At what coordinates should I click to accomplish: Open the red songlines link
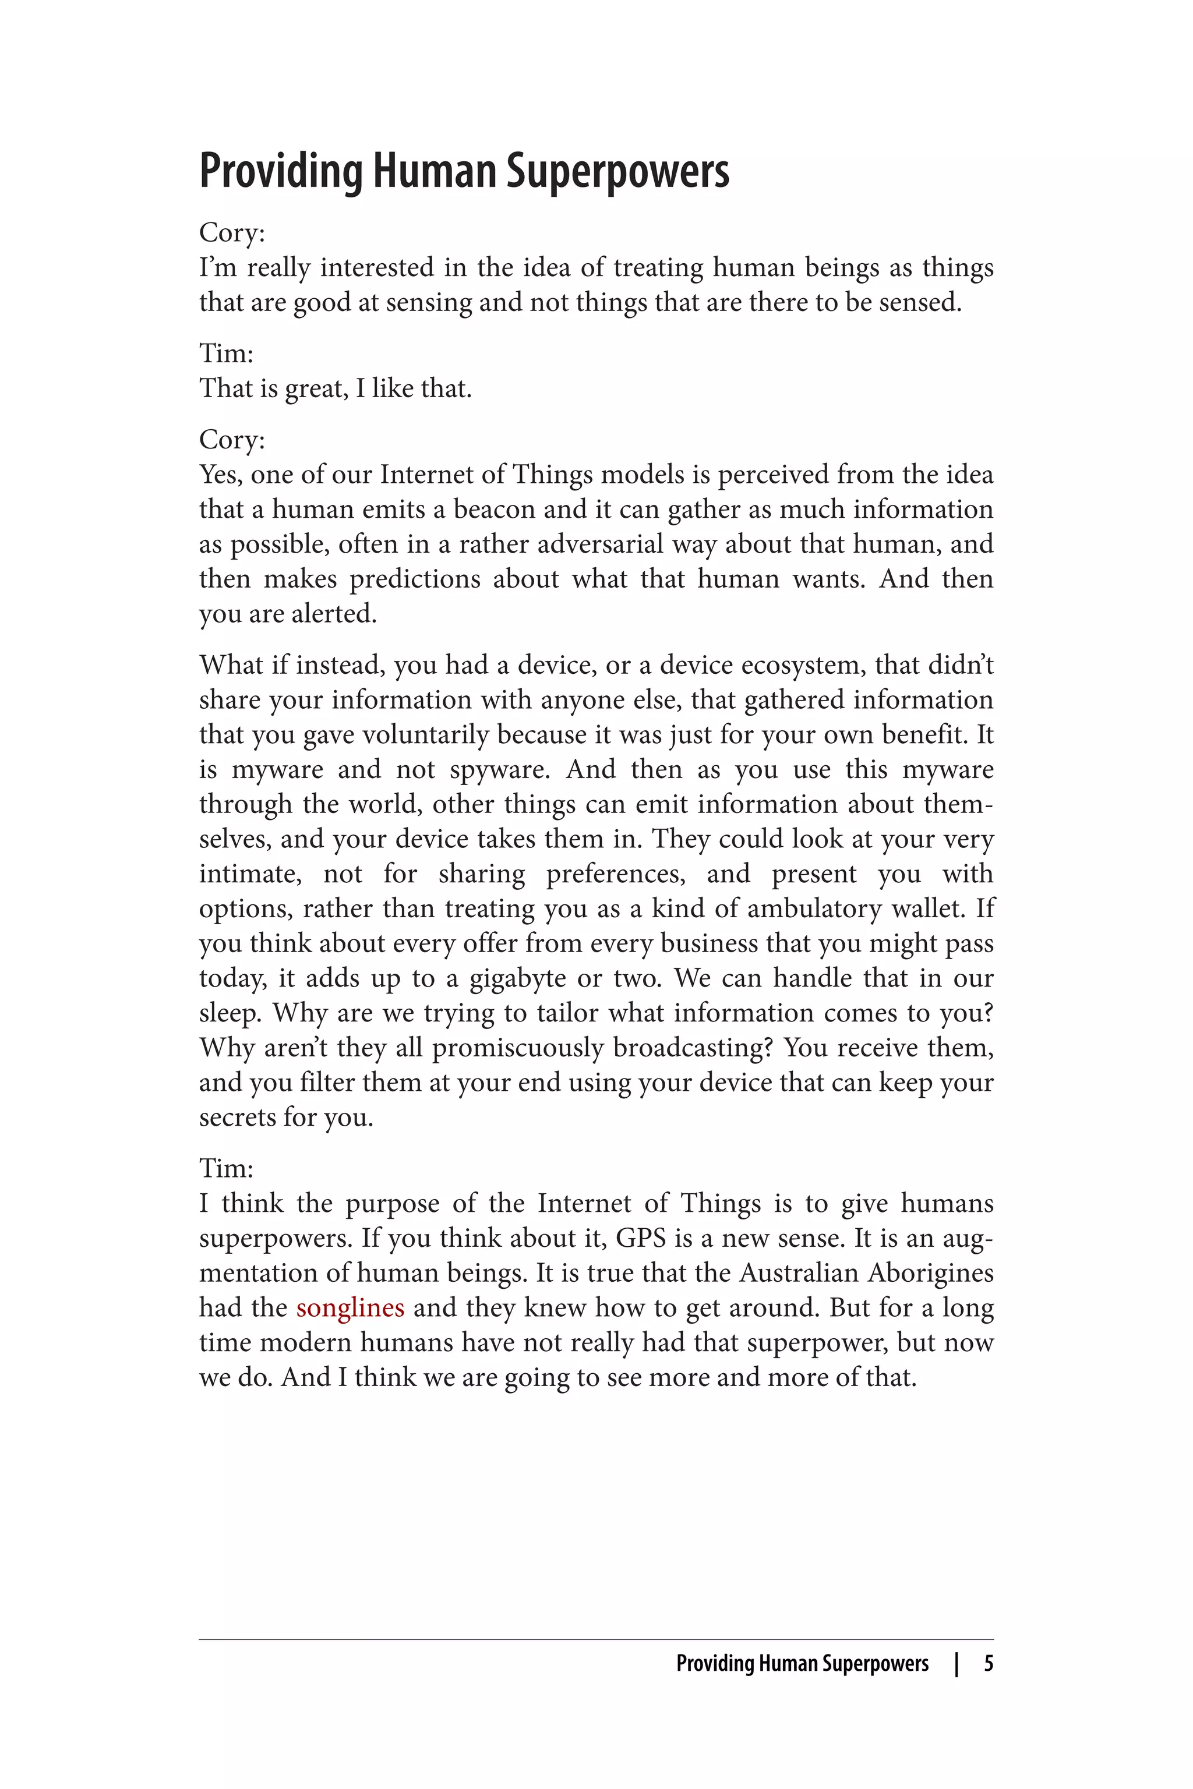click(350, 1307)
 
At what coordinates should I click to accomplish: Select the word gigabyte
click(517, 978)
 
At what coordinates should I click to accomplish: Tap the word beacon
click(495, 509)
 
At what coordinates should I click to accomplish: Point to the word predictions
click(415, 579)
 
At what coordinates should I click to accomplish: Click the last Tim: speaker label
click(226, 1168)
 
